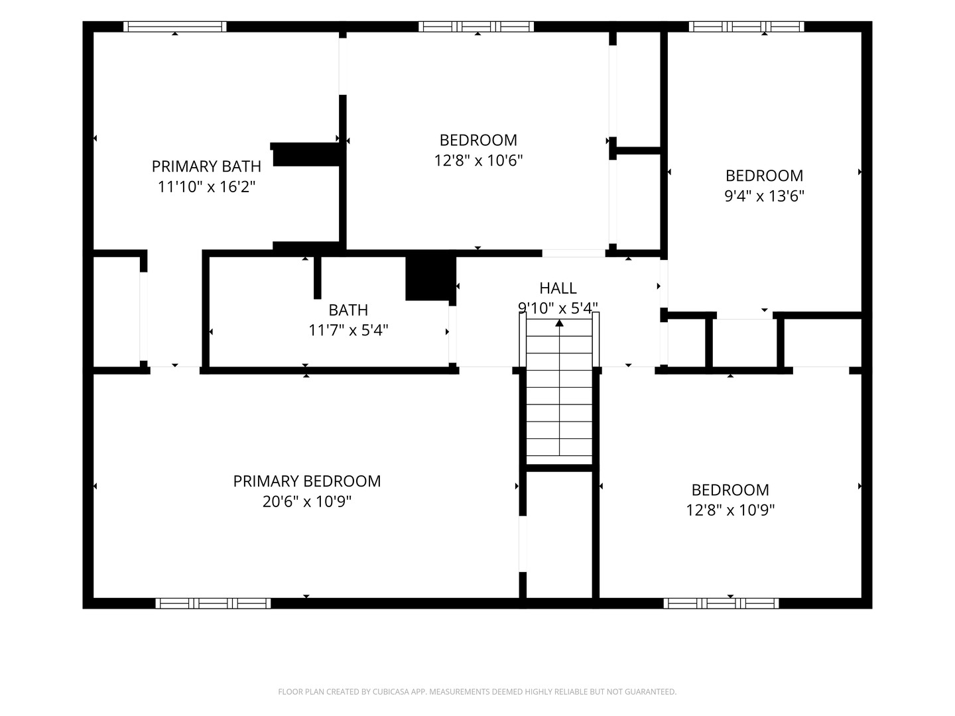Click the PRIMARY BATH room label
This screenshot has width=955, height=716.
pyautogui.click(x=206, y=166)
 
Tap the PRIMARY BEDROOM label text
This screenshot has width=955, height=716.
pyautogui.click(x=307, y=481)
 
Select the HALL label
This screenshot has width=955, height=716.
pyautogui.click(x=558, y=288)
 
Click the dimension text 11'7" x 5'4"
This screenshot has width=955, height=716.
pyautogui.click(x=348, y=330)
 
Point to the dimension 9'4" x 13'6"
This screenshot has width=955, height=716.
pyautogui.click(x=764, y=196)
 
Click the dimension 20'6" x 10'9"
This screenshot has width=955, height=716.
pyautogui.click(x=307, y=502)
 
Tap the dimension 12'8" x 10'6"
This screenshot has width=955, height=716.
pyautogui.click(x=478, y=160)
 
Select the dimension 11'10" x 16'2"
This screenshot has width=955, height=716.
pyautogui.click(x=206, y=187)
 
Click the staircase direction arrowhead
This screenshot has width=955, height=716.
pyautogui.click(x=560, y=323)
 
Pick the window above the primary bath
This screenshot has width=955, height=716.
pyautogui.click(x=175, y=27)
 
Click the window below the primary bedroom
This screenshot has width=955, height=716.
pyautogui.click(x=213, y=603)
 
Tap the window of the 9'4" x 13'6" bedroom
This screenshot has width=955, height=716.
pyautogui.click(x=746, y=27)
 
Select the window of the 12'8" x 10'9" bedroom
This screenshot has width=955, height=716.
pyautogui.click(x=721, y=603)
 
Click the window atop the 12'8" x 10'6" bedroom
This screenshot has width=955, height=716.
pyautogui.click(x=476, y=27)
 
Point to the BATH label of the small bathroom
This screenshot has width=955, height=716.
pyautogui.click(x=348, y=310)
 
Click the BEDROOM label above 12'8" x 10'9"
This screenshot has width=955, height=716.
pyautogui.click(x=730, y=489)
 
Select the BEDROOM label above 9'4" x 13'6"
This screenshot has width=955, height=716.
pyautogui.click(x=764, y=175)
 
